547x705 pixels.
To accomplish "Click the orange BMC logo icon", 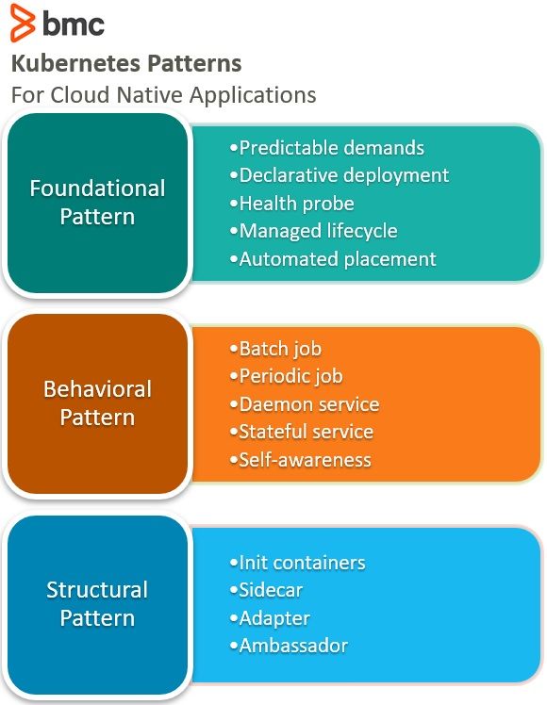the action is pyautogui.click(x=23, y=23).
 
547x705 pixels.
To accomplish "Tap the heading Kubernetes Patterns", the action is pyautogui.click(x=126, y=63).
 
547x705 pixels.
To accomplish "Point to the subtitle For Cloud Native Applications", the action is pyautogui.click(x=164, y=95).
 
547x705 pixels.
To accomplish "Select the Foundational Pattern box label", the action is pyautogui.click(x=98, y=203).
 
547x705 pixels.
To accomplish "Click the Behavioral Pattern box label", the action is pyautogui.click(x=98, y=403).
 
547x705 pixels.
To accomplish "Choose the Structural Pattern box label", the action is pyautogui.click(x=98, y=604).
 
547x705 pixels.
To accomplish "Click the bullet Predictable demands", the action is pyautogui.click(x=327, y=148).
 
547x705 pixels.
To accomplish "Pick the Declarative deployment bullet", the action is pyautogui.click(x=340, y=176).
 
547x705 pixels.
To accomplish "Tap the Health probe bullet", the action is pyautogui.click(x=292, y=204).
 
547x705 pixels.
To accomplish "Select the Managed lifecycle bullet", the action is pyautogui.click(x=314, y=231).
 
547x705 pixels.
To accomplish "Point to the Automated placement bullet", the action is pyautogui.click(x=333, y=259).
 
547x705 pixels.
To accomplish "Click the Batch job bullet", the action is pyautogui.click(x=275, y=350).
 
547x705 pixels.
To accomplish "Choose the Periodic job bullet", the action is pyautogui.click(x=287, y=377).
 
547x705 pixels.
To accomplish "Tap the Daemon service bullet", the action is pyautogui.click(x=305, y=404).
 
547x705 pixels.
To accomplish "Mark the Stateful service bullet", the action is pyautogui.click(x=302, y=432).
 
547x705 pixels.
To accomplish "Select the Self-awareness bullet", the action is pyautogui.click(x=301, y=460).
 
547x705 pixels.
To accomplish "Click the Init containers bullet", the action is pyautogui.click(x=298, y=563).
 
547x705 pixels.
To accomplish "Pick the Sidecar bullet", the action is pyautogui.click(x=266, y=590).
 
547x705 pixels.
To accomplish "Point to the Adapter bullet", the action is pyautogui.click(x=270, y=618).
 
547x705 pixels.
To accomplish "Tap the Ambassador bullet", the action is pyautogui.click(x=289, y=647).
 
